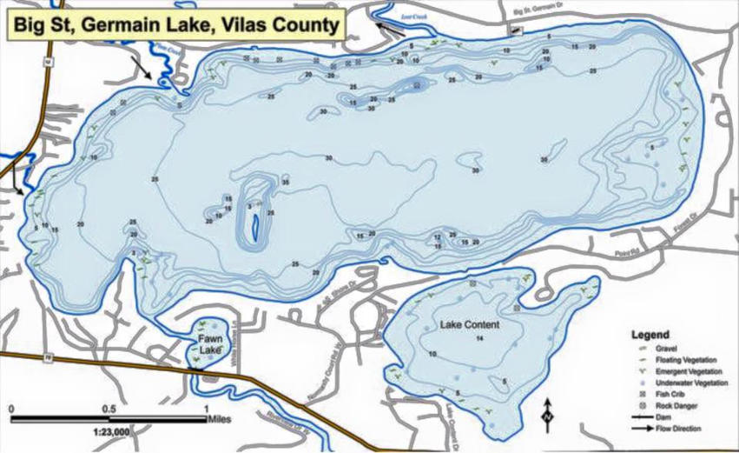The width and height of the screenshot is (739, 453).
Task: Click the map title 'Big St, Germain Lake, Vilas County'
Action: (174, 24)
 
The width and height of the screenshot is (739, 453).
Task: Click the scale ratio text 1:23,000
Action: (109, 430)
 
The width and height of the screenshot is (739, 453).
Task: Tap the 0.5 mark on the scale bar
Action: (109, 408)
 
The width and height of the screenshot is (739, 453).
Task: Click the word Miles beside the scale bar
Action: (219, 418)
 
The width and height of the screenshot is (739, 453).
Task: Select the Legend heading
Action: (650, 334)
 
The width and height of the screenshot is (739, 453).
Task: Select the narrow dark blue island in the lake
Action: (254, 229)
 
